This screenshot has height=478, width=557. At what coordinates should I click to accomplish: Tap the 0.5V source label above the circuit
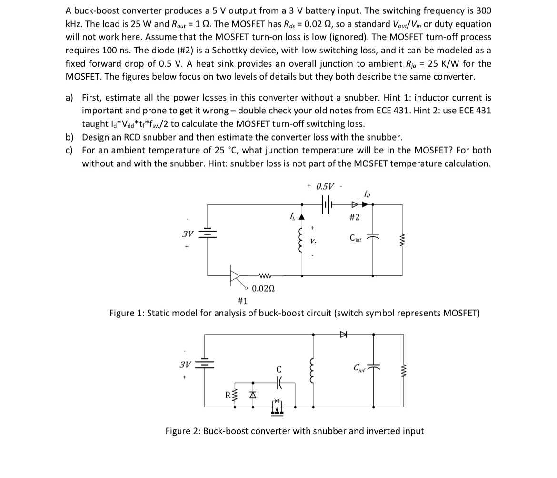point(325,186)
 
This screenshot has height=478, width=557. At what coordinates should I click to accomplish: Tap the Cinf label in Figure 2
point(360,368)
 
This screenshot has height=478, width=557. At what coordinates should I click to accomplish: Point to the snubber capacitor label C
point(279,369)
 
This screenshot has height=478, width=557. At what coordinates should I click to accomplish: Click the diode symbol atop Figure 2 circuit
point(343,335)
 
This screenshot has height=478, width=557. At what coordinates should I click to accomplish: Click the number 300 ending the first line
point(483,10)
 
